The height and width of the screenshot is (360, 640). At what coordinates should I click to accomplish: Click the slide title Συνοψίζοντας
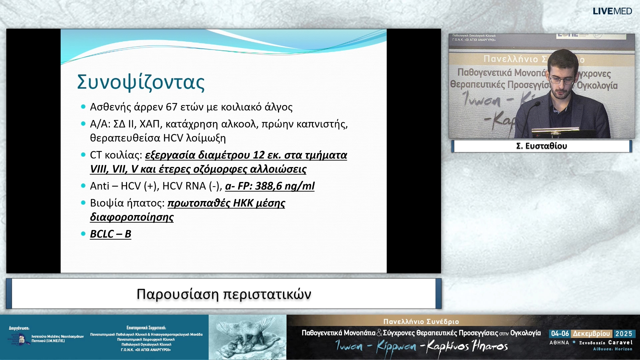(141, 82)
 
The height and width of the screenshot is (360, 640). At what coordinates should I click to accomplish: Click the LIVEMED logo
(612, 11)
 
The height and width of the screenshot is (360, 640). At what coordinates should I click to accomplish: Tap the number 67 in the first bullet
(171, 107)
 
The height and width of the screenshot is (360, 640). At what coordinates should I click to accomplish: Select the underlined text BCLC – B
(111, 234)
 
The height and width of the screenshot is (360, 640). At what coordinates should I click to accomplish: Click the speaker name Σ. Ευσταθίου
(541, 146)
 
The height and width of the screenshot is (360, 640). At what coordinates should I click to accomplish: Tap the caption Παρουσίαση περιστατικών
(224, 294)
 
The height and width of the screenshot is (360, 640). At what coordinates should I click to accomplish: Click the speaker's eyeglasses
(562, 80)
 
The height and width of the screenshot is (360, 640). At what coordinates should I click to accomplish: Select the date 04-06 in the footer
(560, 334)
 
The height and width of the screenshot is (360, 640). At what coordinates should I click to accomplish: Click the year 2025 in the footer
(624, 334)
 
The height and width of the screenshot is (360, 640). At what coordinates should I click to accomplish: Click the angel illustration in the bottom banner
(247, 337)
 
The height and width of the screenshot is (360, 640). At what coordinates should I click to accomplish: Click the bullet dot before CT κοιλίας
(83, 155)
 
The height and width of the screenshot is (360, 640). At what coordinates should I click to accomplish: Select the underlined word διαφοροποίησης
(132, 217)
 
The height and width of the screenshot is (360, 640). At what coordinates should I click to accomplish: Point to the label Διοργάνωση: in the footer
(19, 328)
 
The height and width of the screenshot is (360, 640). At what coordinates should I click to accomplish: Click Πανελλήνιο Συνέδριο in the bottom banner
(421, 322)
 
